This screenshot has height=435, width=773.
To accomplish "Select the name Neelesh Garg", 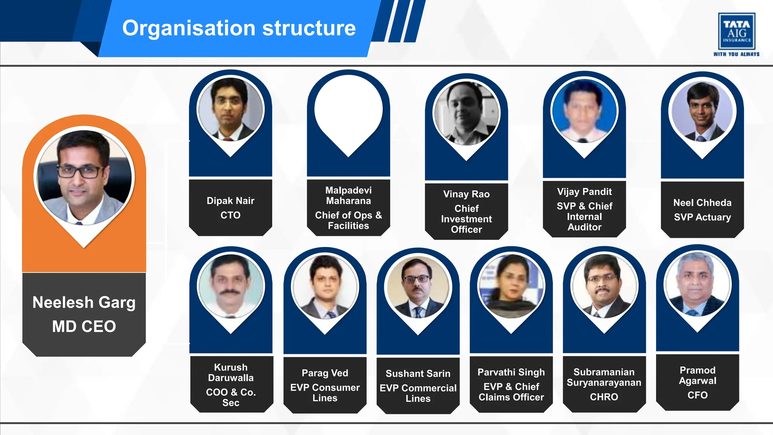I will [84, 302].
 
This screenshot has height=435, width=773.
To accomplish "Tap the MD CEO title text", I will [84, 326].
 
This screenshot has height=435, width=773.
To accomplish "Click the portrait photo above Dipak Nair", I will [230, 110].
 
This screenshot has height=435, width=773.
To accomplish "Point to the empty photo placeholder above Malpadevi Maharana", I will [348, 110].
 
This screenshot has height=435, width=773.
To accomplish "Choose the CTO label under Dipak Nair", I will [230, 215].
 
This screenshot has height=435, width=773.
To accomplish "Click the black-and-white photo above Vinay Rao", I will [467, 113].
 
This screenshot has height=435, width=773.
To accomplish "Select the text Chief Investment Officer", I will [467, 219].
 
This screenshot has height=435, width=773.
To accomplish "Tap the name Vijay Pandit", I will [584, 192].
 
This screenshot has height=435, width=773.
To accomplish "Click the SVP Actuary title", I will [702, 217].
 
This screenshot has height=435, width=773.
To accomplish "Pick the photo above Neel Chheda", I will [702, 111].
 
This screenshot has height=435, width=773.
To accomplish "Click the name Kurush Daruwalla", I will [231, 373].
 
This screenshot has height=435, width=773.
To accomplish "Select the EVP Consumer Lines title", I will [325, 393].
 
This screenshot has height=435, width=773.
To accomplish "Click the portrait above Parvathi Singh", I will [511, 287].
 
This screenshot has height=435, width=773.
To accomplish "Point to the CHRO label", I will [604, 397].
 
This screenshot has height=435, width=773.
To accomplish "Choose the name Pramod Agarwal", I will [698, 375].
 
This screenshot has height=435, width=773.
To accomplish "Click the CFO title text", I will [698, 395].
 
